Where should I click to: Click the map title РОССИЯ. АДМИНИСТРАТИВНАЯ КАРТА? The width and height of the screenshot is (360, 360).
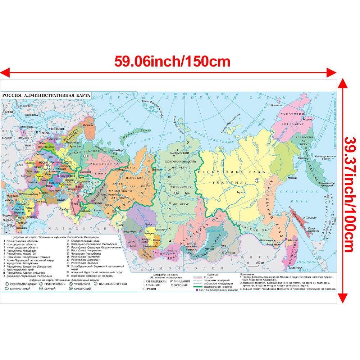pos(46,95)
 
